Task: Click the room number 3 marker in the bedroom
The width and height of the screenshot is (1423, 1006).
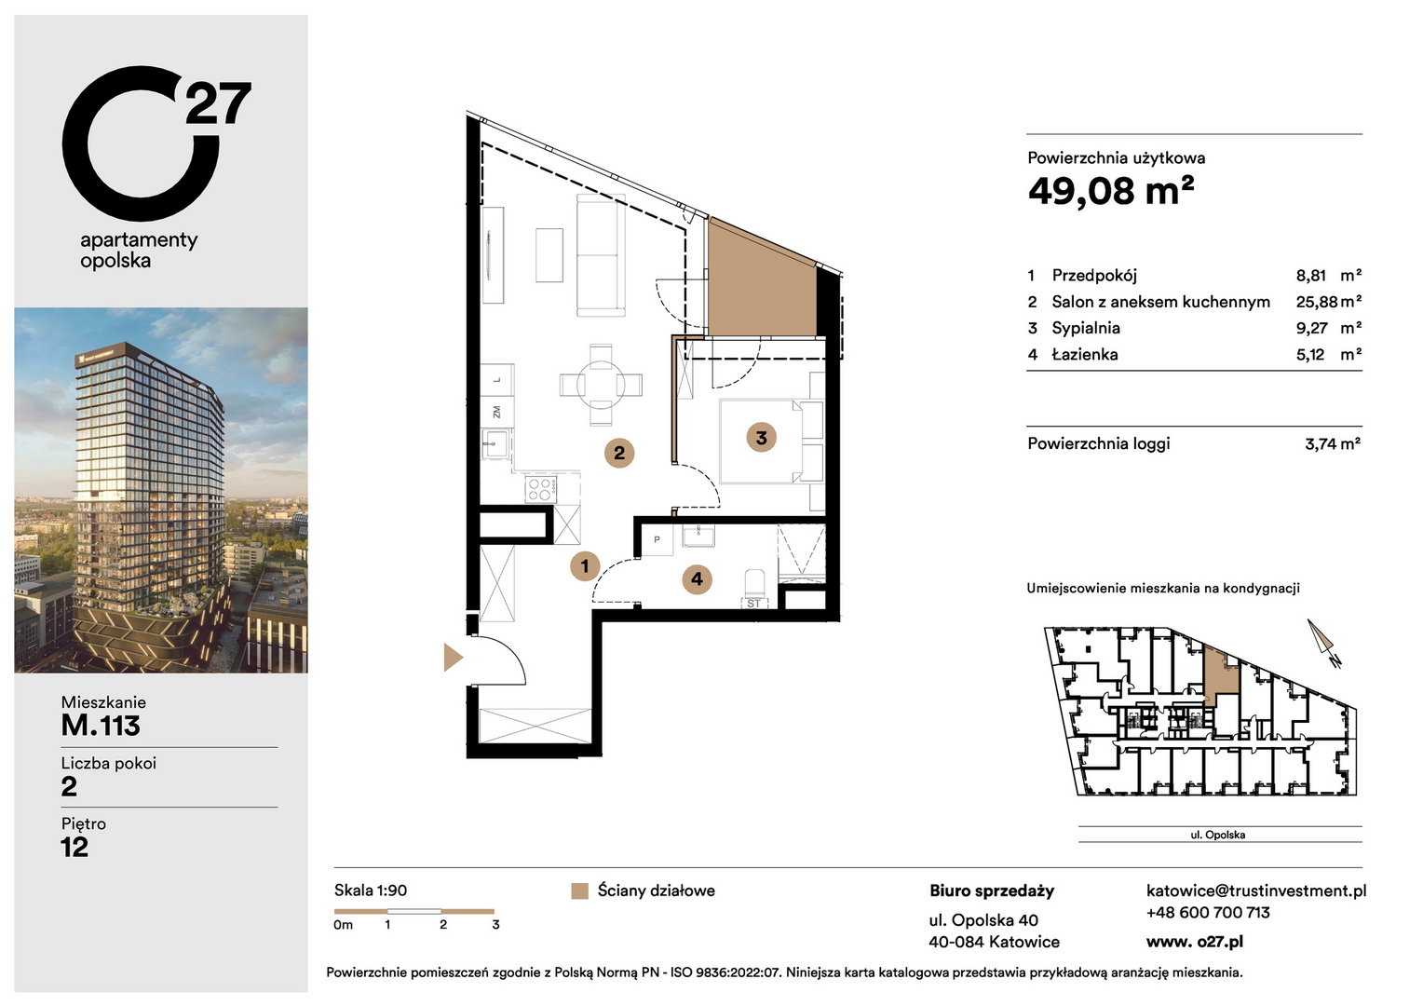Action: click(761, 437)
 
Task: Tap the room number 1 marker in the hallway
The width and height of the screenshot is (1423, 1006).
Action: click(585, 565)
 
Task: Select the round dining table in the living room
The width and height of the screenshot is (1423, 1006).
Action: click(601, 385)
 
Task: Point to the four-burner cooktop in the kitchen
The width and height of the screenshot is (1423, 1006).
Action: click(541, 489)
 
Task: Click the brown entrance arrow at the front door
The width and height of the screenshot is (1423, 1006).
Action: click(453, 657)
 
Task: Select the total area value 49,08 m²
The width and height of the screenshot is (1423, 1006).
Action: click(1110, 190)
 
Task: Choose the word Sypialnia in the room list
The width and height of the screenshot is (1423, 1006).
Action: click(1086, 328)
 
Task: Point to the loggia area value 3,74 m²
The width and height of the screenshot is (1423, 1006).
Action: click(1332, 443)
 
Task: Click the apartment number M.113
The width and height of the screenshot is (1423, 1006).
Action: click(101, 725)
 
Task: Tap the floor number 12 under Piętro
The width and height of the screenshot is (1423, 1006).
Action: click(75, 847)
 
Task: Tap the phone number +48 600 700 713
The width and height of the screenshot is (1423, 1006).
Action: click(1208, 913)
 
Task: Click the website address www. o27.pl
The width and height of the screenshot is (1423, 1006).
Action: click(1194, 942)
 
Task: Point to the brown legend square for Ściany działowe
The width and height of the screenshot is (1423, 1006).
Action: click(579, 891)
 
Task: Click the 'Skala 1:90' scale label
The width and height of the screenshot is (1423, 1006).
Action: click(371, 890)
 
